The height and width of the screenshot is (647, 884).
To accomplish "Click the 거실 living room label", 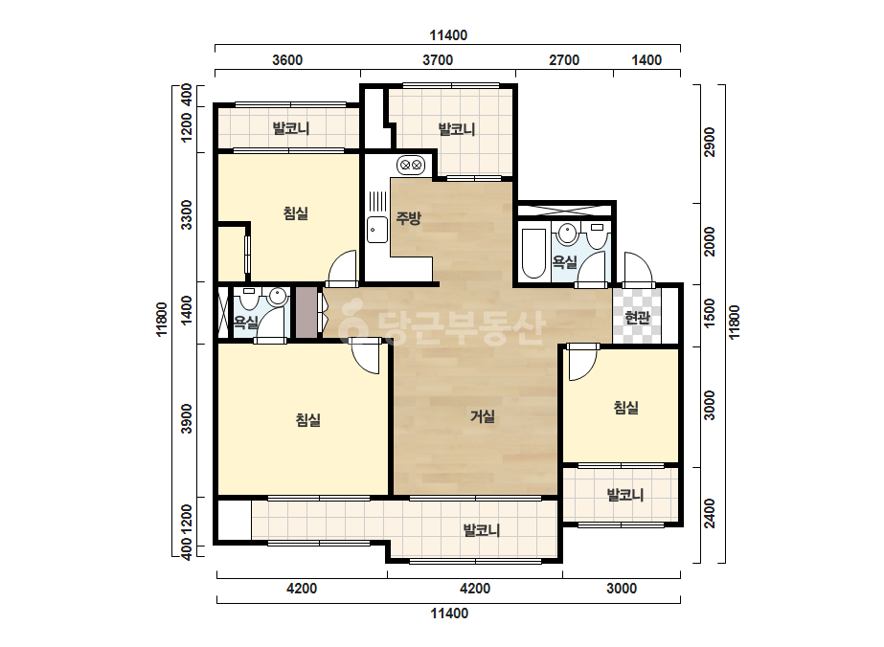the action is coord(483,416).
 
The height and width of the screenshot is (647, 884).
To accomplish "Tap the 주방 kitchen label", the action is coord(408,218).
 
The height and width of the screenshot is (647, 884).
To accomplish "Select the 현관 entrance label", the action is coord(637,318).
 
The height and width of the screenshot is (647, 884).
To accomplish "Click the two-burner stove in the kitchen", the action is coord(411,166).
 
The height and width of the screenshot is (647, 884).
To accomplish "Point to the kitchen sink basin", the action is coord(376,230).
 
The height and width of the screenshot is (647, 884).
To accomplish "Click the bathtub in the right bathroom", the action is coord(533,253).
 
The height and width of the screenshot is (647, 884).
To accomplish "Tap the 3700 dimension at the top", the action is coord(438,60).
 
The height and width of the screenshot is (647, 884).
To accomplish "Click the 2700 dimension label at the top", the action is coord(564,60).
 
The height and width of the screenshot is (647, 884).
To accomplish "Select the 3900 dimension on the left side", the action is coord(187,419).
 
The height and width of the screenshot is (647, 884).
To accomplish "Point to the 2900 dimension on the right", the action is coord(710,142).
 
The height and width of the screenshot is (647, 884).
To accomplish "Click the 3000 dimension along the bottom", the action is coord(622,589).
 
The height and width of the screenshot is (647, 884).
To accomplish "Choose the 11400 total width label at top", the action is coord(448,35).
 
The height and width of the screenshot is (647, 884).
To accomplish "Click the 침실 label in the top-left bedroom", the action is coord(295,213).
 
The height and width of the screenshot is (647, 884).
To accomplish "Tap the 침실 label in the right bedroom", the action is coord(625,408).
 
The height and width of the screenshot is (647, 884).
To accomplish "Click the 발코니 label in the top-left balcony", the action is coord(291,128).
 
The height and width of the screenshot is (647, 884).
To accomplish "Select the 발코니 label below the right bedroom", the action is coord(624,496).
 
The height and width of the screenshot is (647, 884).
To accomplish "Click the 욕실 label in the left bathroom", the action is coord(246,323).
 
